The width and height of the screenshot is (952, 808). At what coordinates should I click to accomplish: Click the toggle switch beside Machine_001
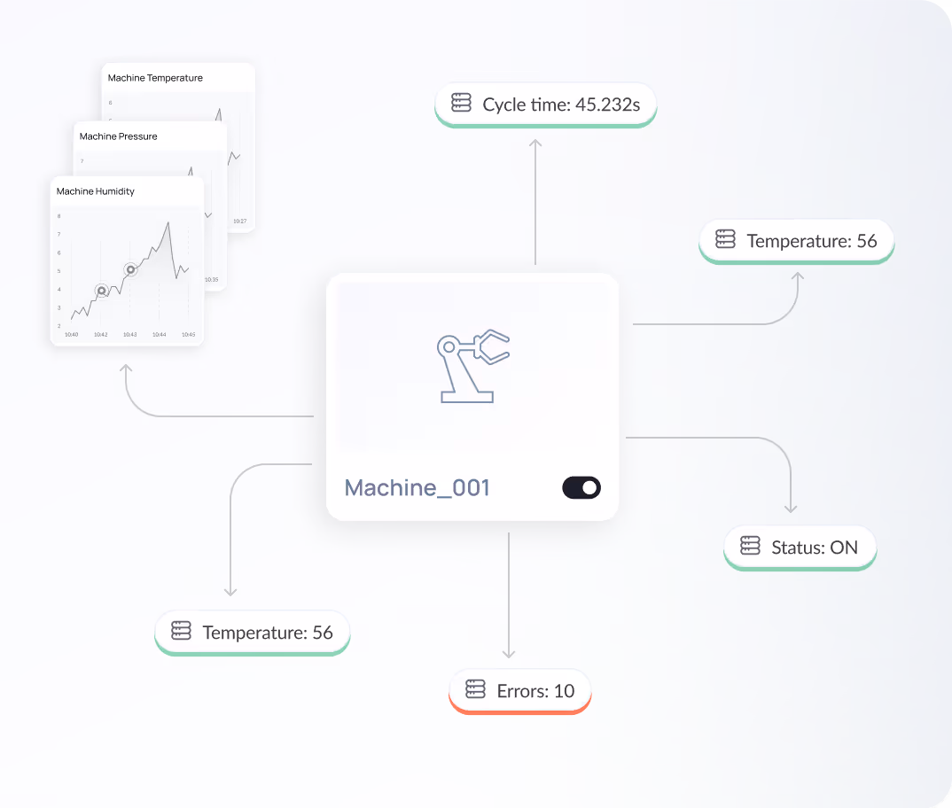pos(581,487)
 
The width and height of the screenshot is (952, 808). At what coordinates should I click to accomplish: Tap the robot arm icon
pos(473,366)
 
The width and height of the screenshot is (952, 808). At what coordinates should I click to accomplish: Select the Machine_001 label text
pos(417,487)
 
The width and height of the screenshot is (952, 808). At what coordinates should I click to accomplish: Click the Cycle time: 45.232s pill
pos(545,105)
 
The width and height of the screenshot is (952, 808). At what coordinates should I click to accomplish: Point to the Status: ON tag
pos(800,548)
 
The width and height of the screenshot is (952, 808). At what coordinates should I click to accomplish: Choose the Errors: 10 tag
pos(520,691)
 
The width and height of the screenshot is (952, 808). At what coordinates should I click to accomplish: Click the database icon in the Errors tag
pos(475,690)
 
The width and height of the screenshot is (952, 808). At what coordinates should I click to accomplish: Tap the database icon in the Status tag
pos(750,547)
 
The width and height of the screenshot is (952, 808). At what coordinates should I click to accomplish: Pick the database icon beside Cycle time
pos(461,104)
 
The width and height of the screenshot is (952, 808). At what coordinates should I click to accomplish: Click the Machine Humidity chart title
pos(96,191)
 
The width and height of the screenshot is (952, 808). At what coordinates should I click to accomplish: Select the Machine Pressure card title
pos(119,136)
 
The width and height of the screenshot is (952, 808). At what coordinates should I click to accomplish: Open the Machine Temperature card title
pos(155,78)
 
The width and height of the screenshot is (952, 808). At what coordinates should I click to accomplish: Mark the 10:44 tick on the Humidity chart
pos(160,335)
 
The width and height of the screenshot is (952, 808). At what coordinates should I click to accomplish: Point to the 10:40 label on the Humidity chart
pos(72,335)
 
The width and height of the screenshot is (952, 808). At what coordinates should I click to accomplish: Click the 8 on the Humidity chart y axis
pos(59,216)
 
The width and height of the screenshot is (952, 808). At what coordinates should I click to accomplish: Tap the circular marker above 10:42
pos(101,290)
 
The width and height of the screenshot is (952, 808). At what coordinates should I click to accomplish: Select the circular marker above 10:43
pos(130,269)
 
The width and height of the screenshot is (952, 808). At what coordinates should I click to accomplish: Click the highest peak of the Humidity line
pos(168,222)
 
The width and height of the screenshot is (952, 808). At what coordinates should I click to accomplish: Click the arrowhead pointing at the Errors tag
pos(509,654)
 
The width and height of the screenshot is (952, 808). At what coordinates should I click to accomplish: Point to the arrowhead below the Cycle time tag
pos(535,142)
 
